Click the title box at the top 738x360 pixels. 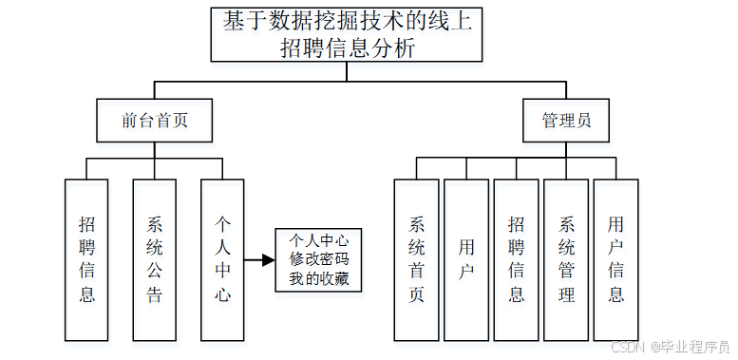click(x=347, y=35)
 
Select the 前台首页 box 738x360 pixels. click(x=154, y=121)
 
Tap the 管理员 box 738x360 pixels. click(x=567, y=121)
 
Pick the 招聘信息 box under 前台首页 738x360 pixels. click(x=86, y=259)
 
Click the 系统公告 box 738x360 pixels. click(x=155, y=259)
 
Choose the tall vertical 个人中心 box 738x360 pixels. click(x=223, y=259)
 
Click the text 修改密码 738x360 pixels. click(x=319, y=259)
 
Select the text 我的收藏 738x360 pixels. click(x=319, y=278)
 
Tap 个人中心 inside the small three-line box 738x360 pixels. click(x=319, y=240)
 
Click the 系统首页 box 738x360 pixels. click(x=416, y=259)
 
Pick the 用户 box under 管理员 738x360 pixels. click(x=466, y=259)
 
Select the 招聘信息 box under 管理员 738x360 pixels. click(x=516, y=259)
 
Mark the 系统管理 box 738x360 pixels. click(x=566, y=259)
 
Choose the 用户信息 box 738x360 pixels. click(x=616, y=259)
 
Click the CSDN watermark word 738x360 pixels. click(x=628, y=347)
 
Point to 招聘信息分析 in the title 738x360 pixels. click(x=348, y=49)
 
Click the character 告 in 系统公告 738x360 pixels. click(x=155, y=294)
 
